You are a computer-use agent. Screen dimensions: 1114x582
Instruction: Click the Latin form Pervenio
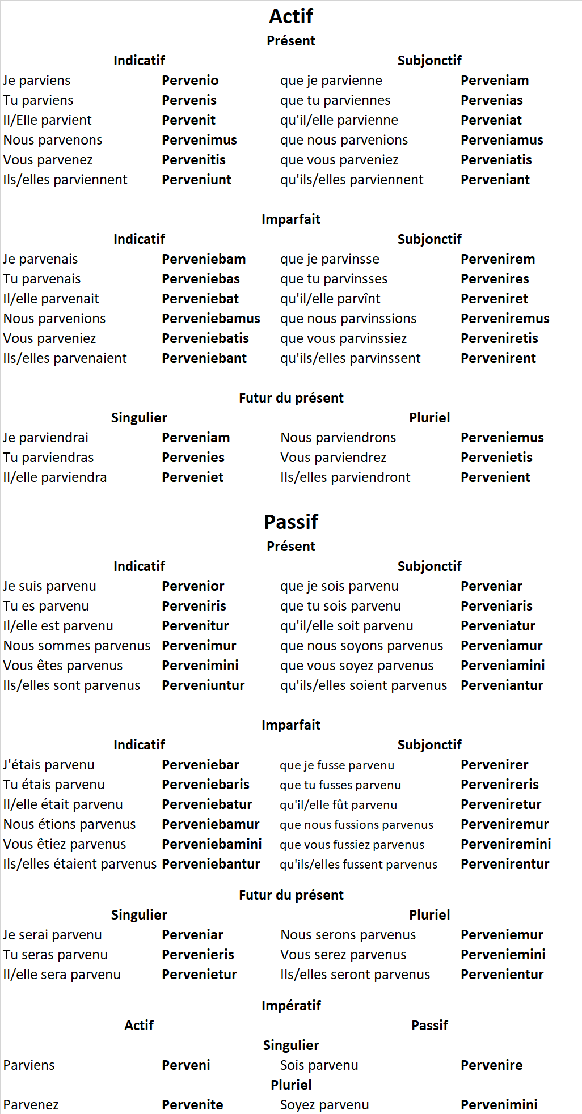coord(190,81)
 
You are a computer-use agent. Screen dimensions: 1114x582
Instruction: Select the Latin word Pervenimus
coord(199,140)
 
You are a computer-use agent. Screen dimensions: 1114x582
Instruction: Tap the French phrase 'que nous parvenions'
coord(344,140)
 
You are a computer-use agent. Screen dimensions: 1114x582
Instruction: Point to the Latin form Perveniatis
coord(496,160)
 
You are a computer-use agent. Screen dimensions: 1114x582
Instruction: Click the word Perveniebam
coord(204,259)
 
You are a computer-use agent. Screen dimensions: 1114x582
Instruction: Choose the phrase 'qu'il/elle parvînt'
coord(330,299)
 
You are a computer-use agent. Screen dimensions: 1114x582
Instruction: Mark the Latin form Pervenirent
coord(498,358)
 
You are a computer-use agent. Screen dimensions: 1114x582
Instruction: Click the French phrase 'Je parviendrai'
coord(46,438)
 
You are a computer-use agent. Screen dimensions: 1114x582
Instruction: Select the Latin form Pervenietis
coord(496,458)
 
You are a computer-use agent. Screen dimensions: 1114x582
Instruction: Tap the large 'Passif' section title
coord(291,522)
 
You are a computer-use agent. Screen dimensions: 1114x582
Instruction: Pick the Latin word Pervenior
coord(193,586)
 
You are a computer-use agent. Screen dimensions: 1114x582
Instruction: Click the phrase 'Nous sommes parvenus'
coord(77,646)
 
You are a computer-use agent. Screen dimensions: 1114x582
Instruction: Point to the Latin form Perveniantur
coord(501,685)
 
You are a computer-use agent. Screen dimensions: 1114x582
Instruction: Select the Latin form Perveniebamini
coord(212,844)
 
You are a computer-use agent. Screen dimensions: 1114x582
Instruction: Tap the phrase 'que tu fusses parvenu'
coord(340,785)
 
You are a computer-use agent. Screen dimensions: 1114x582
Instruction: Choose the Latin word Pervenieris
coord(198,955)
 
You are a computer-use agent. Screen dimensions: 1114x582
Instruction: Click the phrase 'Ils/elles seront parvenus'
coord(355,975)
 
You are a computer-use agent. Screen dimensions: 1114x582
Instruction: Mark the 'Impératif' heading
coord(291,1006)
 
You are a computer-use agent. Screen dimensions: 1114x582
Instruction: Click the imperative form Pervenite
coord(192,1105)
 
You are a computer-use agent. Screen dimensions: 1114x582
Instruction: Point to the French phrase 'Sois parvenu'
coord(319,1065)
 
